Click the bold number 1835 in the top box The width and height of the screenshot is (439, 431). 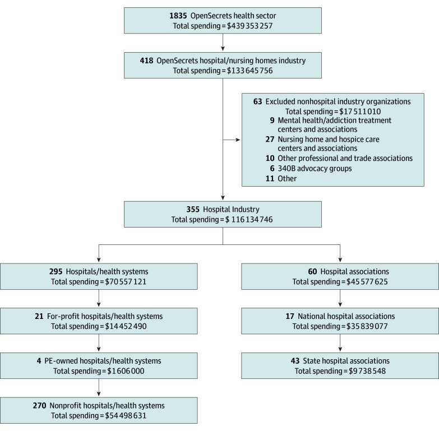(x=178, y=16)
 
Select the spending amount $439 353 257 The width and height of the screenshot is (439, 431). (x=249, y=26)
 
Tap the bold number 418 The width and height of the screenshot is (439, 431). (x=146, y=61)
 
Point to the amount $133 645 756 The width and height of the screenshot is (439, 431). (x=249, y=71)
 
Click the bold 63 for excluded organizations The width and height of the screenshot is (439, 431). (x=257, y=101)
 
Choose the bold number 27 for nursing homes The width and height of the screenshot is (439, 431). (x=270, y=139)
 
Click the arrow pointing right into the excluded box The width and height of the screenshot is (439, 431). (x=232, y=140)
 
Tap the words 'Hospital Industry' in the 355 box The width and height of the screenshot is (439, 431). (x=231, y=210)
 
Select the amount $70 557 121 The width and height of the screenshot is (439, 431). (x=126, y=281)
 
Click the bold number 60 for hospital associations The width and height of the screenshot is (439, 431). (x=312, y=271)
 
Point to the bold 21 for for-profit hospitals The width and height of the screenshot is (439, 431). (x=39, y=316)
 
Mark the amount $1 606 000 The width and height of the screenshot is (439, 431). (x=126, y=371)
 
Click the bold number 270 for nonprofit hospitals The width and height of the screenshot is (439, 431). (x=39, y=406)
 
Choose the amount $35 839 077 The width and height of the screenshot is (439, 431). (x=367, y=326)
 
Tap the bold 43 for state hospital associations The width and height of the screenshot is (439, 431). (x=295, y=361)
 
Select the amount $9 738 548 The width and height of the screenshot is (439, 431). (x=367, y=371)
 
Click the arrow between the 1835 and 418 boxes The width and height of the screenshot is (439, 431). (x=223, y=42)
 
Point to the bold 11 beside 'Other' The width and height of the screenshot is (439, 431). (x=270, y=179)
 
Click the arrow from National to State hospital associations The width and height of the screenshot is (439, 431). (x=340, y=343)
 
